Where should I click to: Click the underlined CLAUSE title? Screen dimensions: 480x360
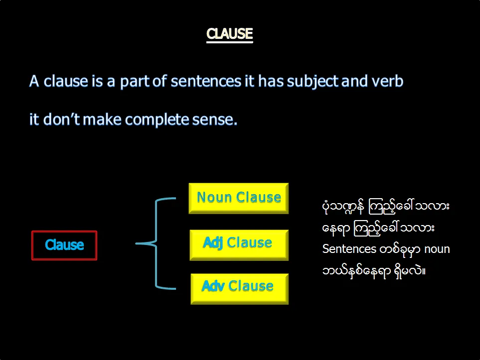(x=230, y=34)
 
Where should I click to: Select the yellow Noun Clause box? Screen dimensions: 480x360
(x=238, y=198)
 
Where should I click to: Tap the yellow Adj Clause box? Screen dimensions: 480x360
(x=239, y=245)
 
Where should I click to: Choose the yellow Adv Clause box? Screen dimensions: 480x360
(x=239, y=289)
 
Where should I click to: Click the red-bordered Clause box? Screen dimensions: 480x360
(x=64, y=245)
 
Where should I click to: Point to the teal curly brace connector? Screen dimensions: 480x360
(x=156, y=243)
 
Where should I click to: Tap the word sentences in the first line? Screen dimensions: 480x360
(x=206, y=82)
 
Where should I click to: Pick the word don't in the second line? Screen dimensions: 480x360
(x=61, y=119)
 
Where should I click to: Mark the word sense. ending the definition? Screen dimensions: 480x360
(x=215, y=120)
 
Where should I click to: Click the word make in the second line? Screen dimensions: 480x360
(x=102, y=120)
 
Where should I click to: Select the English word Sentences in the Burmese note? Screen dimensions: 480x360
(x=349, y=249)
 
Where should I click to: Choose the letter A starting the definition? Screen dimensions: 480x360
(x=34, y=81)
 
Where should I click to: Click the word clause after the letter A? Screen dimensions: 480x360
(x=66, y=81)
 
